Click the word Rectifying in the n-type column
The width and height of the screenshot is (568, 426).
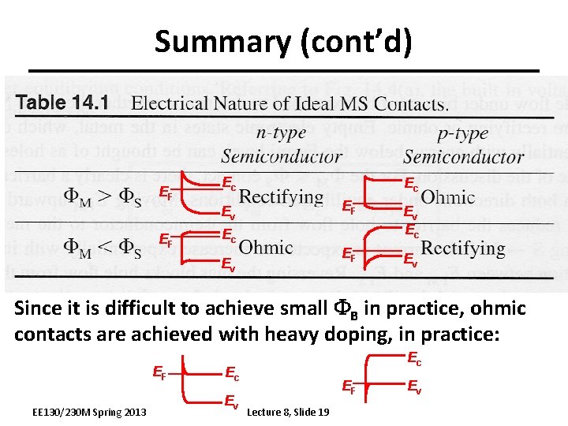pos(281,196)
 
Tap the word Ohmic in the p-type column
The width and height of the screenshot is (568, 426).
pos(449,196)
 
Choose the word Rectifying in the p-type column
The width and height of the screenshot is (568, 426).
pos(463,247)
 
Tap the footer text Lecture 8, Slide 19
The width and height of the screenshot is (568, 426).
pos(289,413)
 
